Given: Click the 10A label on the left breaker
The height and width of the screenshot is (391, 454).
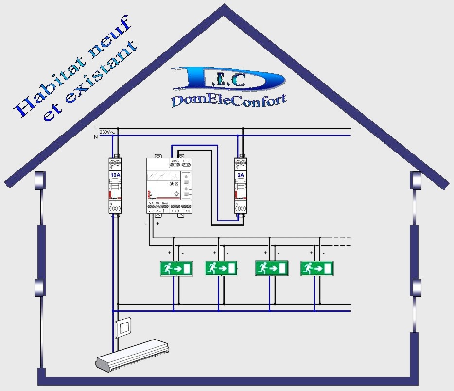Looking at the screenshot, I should (x=115, y=175).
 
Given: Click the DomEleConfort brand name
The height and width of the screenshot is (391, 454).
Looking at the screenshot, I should (x=228, y=99).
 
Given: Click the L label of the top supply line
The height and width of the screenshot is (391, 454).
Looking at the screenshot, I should (x=96, y=127).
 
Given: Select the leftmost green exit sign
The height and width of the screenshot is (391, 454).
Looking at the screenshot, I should (x=176, y=269).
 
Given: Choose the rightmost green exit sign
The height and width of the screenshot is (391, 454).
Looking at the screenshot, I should (x=316, y=269).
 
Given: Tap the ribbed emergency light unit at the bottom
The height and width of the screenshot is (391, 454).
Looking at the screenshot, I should (x=134, y=355).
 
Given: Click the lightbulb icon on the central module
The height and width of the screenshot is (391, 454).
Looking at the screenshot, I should (x=176, y=193).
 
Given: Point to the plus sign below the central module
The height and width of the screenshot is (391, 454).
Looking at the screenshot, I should (x=157, y=224).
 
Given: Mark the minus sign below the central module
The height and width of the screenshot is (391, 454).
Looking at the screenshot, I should (x=145, y=224).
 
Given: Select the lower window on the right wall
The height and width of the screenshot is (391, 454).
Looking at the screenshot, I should (x=416, y=287).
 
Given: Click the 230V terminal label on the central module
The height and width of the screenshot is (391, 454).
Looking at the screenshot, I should (x=174, y=160).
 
